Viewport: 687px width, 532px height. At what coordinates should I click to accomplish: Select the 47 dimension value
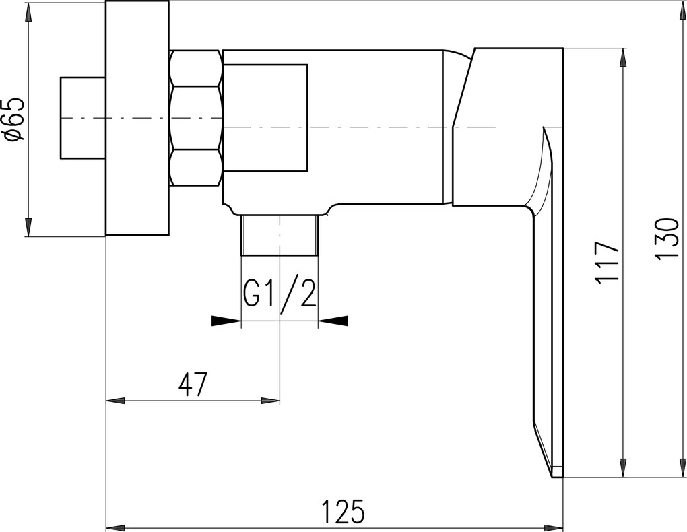tap(192, 385)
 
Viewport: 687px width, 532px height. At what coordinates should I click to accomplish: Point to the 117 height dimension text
tap(606, 261)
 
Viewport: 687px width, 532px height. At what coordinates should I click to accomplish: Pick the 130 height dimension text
tap(667, 239)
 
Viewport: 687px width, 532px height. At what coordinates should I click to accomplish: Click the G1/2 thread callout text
tap(280, 290)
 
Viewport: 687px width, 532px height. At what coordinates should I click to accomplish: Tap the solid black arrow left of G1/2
tap(226, 321)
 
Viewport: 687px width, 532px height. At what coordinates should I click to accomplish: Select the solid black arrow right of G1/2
tap(333, 321)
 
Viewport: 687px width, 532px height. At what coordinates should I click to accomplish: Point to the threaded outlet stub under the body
tap(280, 235)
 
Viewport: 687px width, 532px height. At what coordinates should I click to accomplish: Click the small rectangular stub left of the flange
tap(82, 118)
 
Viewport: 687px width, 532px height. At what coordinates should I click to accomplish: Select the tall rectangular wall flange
tap(137, 118)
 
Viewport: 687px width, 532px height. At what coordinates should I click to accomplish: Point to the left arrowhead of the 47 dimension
tap(115, 401)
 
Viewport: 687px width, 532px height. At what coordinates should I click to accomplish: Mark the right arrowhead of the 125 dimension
tap(555, 527)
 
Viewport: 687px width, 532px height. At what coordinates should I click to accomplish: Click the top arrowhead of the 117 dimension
tap(622, 59)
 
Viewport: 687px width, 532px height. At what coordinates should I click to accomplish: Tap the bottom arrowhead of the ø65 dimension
tap(28, 227)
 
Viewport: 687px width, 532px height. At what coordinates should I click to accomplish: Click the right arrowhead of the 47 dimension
tap(271, 401)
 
